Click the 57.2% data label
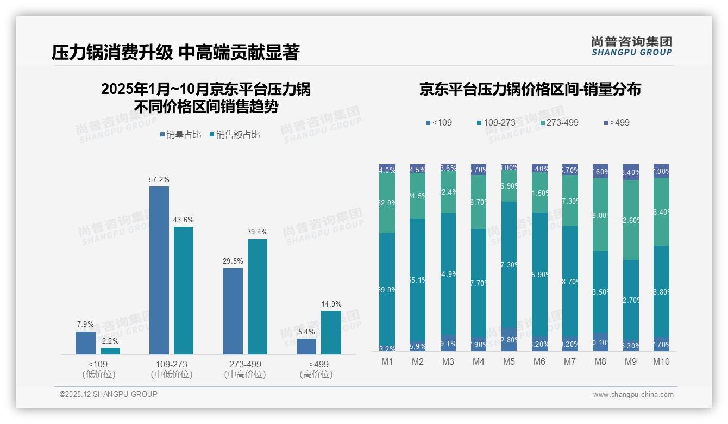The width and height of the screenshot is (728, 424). (x=159, y=179)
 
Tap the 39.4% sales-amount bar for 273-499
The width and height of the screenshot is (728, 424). (x=258, y=297)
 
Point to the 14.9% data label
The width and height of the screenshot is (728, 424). (x=331, y=304)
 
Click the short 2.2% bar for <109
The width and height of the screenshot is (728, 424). (x=110, y=351)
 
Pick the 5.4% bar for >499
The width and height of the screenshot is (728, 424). (x=306, y=346)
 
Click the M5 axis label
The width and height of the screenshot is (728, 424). (x=509, y=362)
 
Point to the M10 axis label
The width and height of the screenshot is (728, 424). (x=661, y=362)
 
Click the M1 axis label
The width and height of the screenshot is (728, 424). (x=387, y=362)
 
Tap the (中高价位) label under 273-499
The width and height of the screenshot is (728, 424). (x=245, y=375)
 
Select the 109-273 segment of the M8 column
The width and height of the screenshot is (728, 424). (x=600, y=292)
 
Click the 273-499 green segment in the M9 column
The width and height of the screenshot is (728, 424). (x=631, y=220)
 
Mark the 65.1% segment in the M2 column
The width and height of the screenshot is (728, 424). (x=418, y=280)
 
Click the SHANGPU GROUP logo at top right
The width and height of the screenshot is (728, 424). (x=631, y=46)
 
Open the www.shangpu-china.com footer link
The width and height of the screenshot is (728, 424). (x=633, y=395)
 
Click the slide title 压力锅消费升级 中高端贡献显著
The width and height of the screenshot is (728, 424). (x=175, y=53)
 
